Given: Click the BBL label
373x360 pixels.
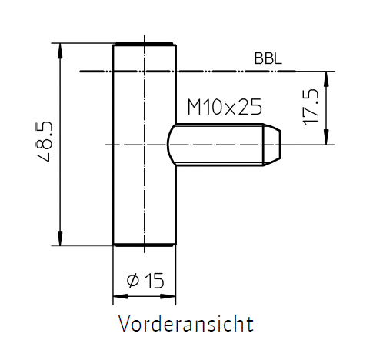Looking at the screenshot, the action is (x=268, y=58).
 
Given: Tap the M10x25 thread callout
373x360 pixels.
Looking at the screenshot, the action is (x=225, y=107).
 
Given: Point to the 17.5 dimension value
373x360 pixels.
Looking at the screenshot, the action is (x=311, y=107).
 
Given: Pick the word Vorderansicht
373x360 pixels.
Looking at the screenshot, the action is (x=186, y=324).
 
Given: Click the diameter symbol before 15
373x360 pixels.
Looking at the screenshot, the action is (x=133, y=281).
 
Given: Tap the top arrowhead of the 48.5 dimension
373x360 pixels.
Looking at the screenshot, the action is (x=60, y=51).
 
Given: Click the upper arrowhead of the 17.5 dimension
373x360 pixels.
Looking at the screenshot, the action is (x=326, y=78).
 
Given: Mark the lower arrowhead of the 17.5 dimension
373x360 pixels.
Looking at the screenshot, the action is (x=326, y=137).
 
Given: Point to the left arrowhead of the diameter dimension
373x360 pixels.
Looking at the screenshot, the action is (x=121, y=296).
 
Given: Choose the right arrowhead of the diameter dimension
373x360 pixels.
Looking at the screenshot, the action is (x=168, y=296).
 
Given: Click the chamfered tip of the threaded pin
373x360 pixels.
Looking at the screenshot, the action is (x=271, y=145).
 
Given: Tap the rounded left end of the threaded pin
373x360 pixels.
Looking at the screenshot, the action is (x=172, y=145).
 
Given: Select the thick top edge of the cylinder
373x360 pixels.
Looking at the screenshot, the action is (x=145, y=44).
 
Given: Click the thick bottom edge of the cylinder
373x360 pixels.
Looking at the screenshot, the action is (x=145, y=245).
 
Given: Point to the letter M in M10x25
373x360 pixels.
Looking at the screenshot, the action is (x=195, y=107).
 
